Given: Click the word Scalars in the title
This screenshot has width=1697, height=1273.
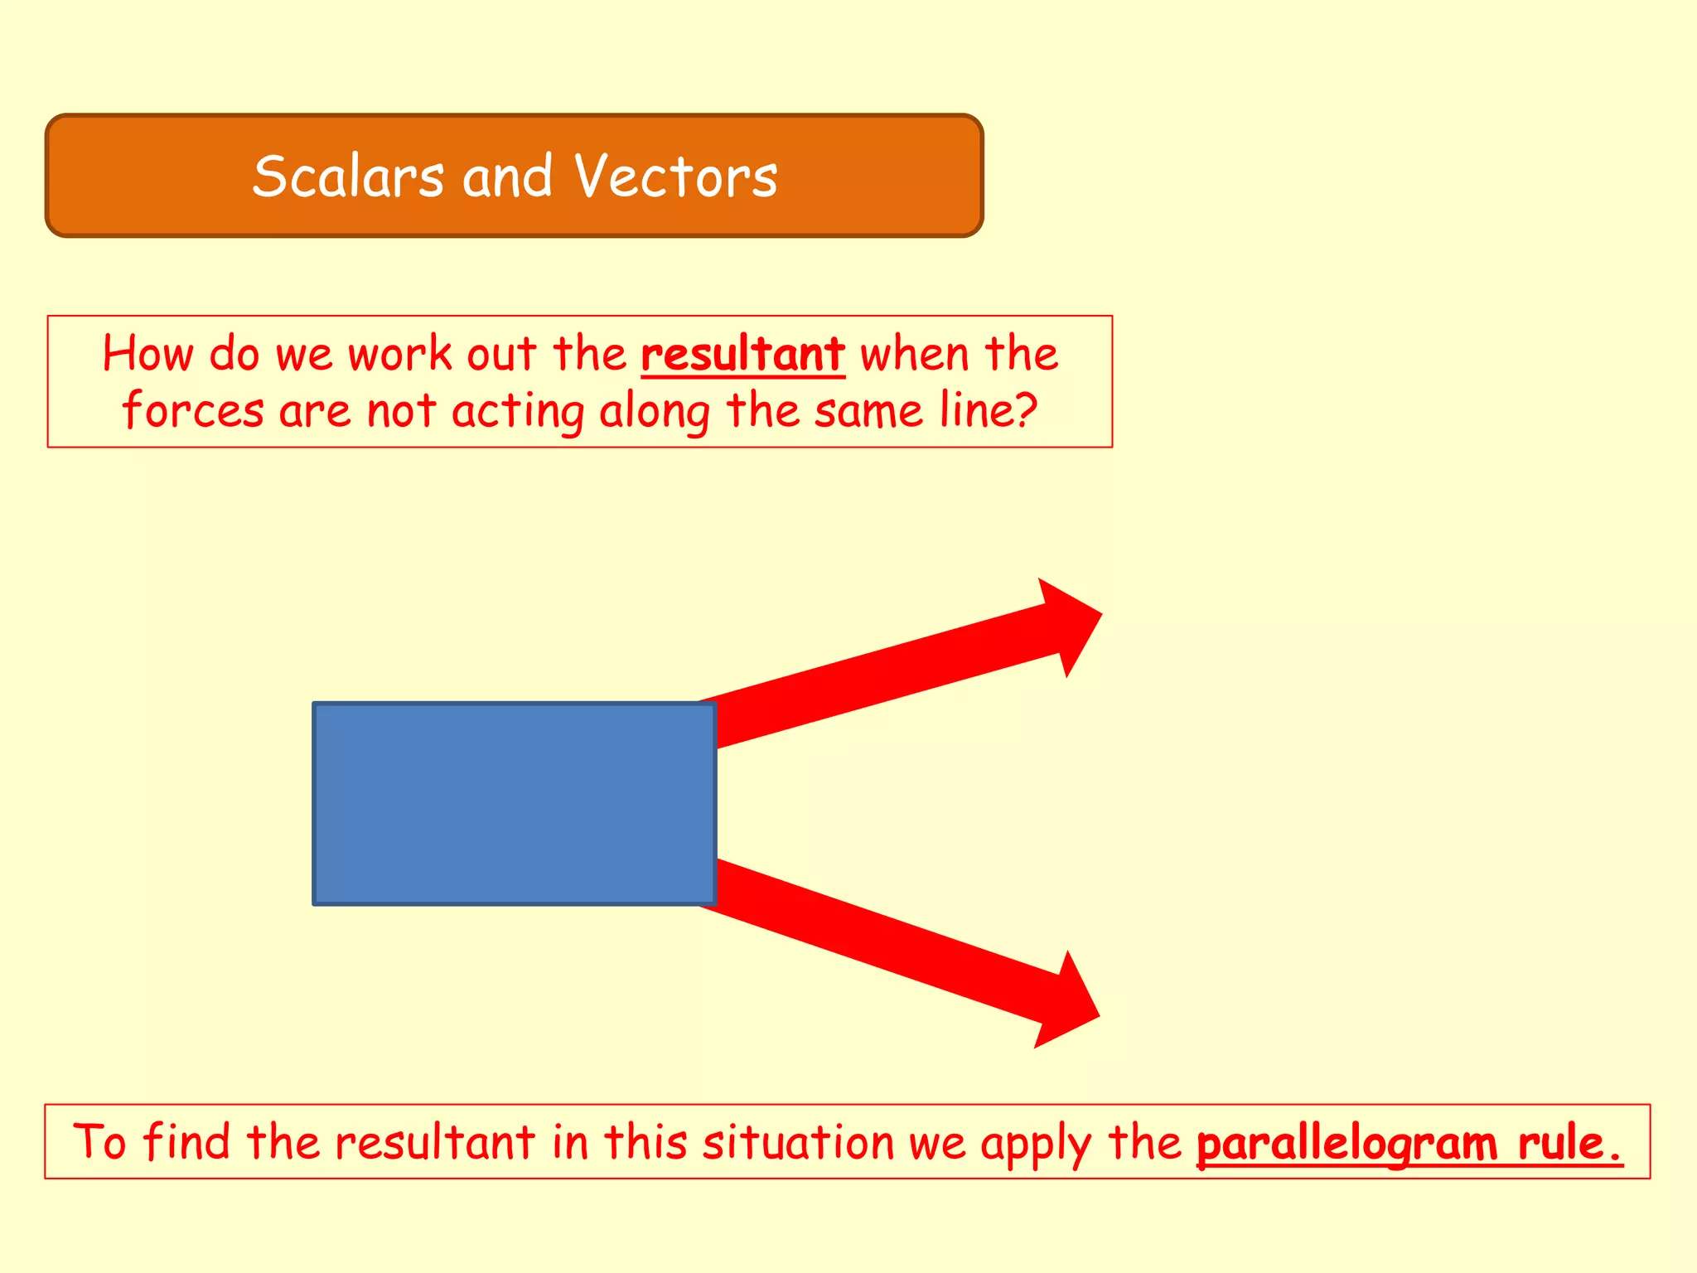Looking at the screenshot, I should (x=349, y=177).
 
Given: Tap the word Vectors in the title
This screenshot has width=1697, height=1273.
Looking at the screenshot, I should (x=676, y=177).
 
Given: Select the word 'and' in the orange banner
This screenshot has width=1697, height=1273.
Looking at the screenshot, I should (x=507, y=177).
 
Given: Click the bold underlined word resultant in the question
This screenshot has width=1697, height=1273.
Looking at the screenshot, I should (x=742, y=355).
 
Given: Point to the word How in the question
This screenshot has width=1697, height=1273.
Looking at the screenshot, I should (x=147, y=355).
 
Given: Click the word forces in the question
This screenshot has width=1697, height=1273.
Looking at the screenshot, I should (x=193, y=410).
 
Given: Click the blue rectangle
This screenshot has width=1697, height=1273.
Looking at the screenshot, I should (x=514, y=803).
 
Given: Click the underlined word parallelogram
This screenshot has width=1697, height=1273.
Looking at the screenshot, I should (x=1346, y=1145).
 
